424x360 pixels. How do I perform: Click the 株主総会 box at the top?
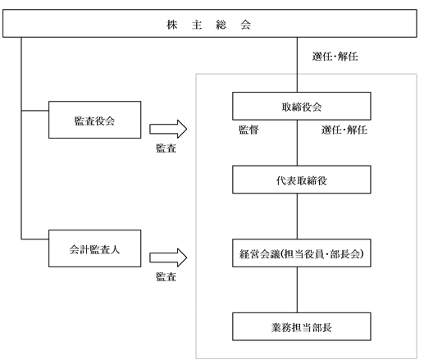(210, 23)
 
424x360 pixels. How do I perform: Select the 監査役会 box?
(94, 120)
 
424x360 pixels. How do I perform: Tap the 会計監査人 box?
(94, 248)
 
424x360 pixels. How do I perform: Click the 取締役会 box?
(302, 106)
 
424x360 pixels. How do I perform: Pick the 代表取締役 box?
(302, 180)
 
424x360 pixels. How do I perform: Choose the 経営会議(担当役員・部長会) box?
(302, 253)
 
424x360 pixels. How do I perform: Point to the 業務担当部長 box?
(302, 326)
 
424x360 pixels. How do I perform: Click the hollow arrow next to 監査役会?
(168, 129)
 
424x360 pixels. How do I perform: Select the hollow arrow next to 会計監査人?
(168, 257)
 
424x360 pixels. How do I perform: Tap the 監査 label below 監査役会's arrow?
(166, 148)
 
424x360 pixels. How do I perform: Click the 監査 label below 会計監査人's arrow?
(166, 276)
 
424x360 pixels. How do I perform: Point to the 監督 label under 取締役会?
(248, 130)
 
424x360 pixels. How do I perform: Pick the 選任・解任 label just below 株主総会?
(335, 57)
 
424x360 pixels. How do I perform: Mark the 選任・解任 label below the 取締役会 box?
(344, 130)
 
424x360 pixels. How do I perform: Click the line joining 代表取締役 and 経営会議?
(297, 216)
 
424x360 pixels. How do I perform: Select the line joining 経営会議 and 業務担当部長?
(297, 289)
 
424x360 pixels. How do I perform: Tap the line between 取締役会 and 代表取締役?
(297, 143)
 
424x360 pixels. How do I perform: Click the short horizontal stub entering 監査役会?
(35, 111)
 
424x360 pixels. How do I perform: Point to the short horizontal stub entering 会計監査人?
(35, 239)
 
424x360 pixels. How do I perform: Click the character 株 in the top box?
(172, 25)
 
